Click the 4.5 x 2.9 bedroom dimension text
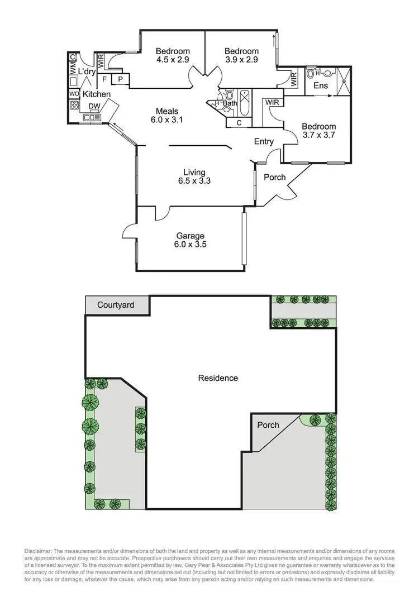[x=173, y=60]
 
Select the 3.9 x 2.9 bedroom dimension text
[x=241, y=60]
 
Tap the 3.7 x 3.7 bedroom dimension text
[x=319, y=135]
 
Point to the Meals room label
[x=167, y=110]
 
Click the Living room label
[x=194, y=172]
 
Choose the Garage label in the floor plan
[x=191, y=236]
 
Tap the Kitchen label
[x=97, y=94]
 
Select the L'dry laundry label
[x=87, y=71]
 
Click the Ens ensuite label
[x=321, y=85]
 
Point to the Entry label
[x=264, y=142]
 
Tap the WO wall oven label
[x=74, y=94]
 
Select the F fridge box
[x=104, y=80]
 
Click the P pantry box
[x=120, y=80]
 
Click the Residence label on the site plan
[x=218, y=378]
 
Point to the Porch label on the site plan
[x=268, y=425]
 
